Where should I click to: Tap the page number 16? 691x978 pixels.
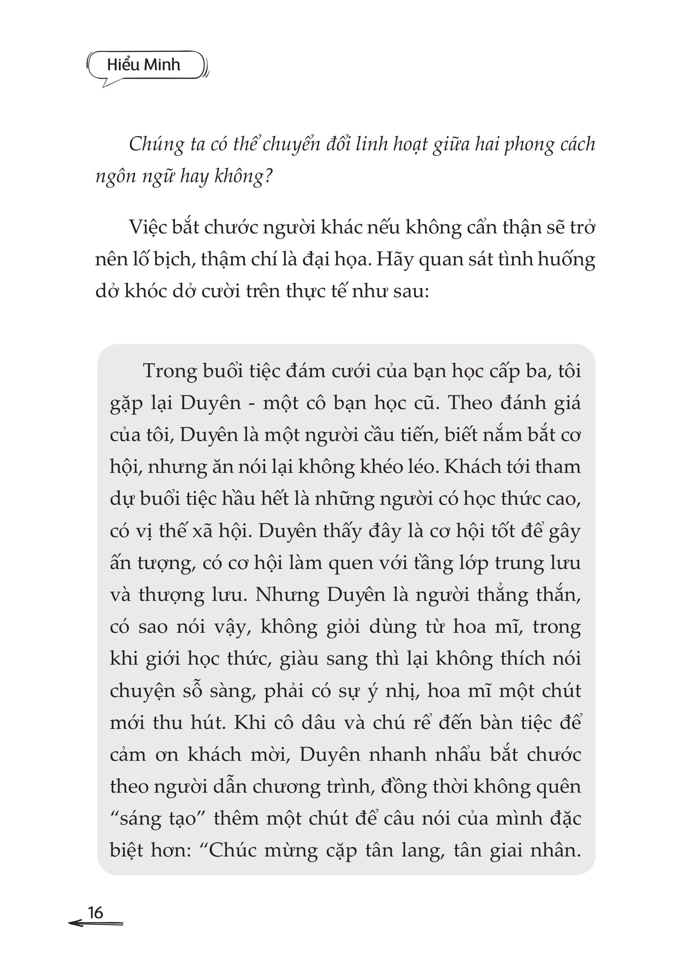click(x=95, y=913)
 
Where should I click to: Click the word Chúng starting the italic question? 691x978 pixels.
click(x=156, y=145)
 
